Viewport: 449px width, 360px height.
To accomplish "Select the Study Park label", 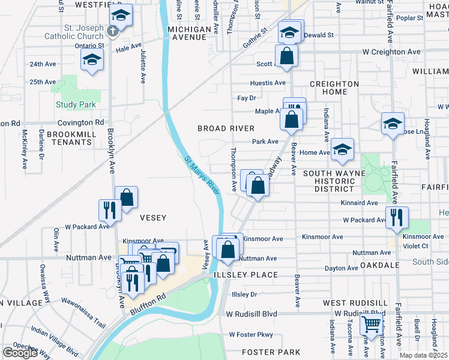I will tap(76, 104).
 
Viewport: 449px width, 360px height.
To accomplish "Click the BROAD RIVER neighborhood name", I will tap(227, 128).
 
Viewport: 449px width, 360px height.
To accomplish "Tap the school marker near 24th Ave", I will tap(92, 60).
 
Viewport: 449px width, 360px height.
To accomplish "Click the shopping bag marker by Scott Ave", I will tap(288, 56).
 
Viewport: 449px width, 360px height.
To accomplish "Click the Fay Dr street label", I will tap(247, 97).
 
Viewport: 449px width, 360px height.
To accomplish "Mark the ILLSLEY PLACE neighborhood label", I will tap(246, 275).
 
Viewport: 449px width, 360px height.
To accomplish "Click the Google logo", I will tap(20, 353).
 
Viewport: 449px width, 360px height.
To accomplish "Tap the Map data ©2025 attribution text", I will tap(423, 355).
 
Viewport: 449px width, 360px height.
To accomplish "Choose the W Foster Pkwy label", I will tap(250, 334).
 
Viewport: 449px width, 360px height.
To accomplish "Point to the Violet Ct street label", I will tap(415, 245).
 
